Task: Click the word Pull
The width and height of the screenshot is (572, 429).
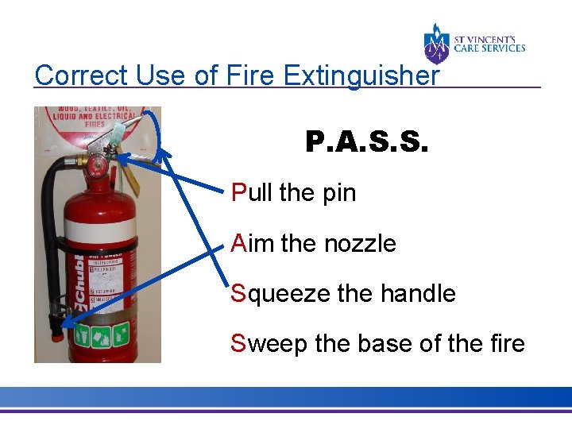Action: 252,192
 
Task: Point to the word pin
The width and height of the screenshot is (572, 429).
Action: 337,193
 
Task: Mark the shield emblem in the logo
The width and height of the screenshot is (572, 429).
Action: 437,44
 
